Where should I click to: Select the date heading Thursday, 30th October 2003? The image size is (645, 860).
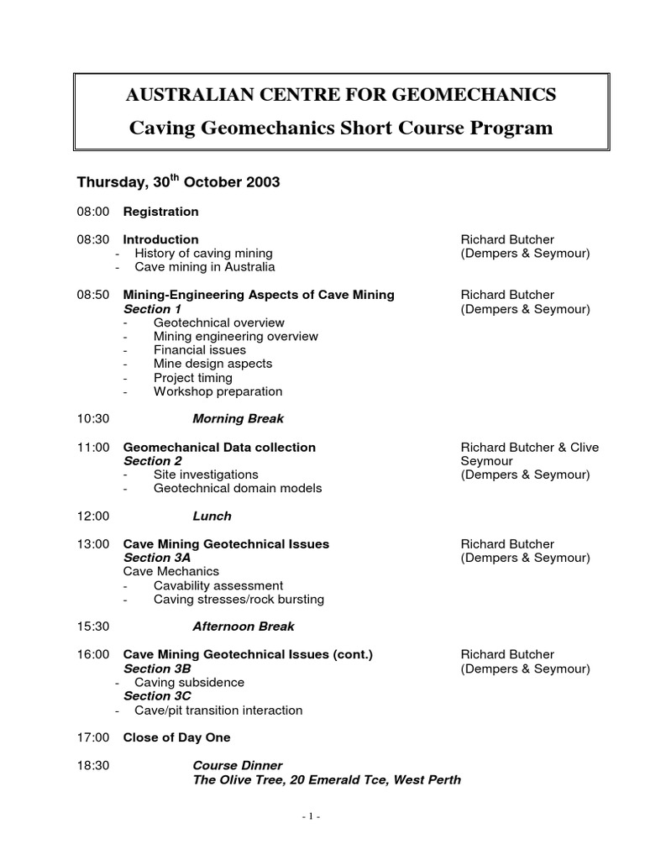pyautogui.click(x=178, y=182)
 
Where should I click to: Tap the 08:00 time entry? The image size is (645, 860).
pyautogui.click(x=92, y=212)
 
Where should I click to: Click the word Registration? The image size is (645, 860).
pyautogui.click(x=160, y=212)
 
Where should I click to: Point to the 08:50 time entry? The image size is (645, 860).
pyautogui.click(x=92, y=295)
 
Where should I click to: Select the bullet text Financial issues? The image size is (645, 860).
pyautogui.click(x=200, y=350)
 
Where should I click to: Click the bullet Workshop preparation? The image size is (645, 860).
pyautogui.click(x=218, y=391)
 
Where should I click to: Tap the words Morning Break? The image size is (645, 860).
pyautogui.click(x=238, y=419)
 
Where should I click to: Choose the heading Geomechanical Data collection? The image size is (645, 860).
pyautogui.click(x=219, y=448)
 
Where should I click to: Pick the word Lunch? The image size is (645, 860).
pyautogui.click(x=212, y=517)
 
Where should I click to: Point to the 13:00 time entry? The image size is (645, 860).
pyautogui.click(x=92, y=544)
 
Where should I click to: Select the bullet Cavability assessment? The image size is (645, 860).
pyautogui.click(x=218, y=585)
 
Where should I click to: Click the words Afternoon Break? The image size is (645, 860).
pyautogui.click(x=244, y=627)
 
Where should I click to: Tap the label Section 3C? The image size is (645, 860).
pyautogui.click(x=157, y=696)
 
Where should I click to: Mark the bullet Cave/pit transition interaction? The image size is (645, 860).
pyautogui.click(x=218, y=711)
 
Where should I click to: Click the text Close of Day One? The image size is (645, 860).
pyautogui.click(x=176, y=738)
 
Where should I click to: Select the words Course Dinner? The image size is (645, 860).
pyautogui.click(x=238, y=766)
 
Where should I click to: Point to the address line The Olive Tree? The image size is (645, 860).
pyautogui.click(x=327, y=780)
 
